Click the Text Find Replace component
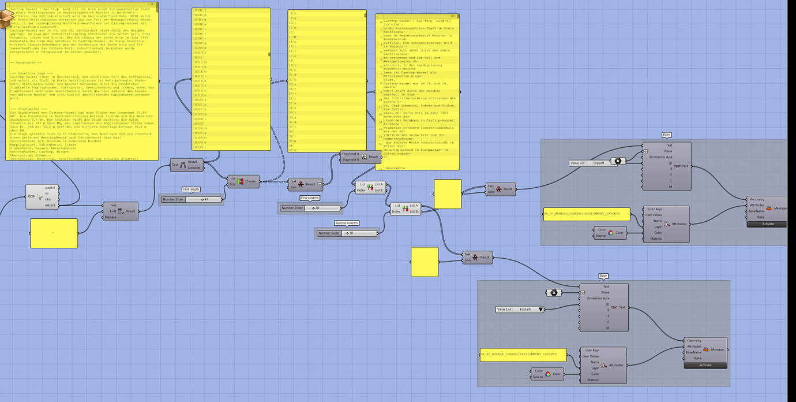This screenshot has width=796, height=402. pos(121,211)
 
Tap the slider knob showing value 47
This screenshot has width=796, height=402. pos(205,199)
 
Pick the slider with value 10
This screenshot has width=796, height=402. pos(346,233)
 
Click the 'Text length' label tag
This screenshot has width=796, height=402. pos(191,189)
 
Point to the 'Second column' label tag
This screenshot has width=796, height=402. pos(346,223)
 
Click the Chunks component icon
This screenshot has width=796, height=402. pos(241,181)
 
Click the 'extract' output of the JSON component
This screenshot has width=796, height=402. pos(50,205)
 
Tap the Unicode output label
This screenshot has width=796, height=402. pos(194,168)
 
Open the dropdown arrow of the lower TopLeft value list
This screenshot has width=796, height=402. pos(540,310)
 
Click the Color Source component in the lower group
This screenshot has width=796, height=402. pos(547,375)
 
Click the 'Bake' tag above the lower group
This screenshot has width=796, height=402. pos(603,276)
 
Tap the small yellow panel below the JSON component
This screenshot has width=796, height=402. pos(54,233)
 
